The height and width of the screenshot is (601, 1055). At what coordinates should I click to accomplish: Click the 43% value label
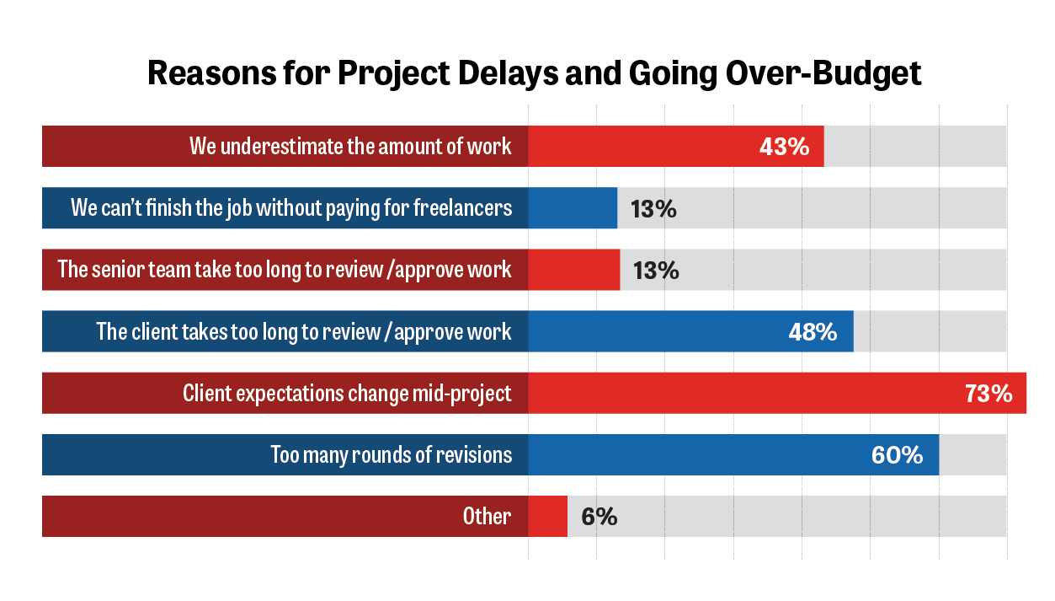784,147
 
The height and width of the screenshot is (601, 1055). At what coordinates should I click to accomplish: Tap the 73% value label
988,394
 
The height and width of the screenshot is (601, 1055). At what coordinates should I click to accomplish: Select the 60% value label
897,455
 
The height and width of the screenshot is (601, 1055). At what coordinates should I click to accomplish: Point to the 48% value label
813,332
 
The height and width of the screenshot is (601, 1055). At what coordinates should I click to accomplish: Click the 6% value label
599,517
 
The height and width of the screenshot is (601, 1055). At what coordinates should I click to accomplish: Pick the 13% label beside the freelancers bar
653,209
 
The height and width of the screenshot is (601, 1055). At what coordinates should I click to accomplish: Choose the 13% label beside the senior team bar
655,271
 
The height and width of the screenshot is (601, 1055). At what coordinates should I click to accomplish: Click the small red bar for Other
547,517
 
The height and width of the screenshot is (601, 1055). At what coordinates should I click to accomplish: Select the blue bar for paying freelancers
573,208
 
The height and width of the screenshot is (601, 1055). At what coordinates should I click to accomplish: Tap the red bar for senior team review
574,270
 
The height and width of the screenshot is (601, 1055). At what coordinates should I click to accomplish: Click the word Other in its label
487,516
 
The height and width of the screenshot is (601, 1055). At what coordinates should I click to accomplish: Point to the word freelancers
462,207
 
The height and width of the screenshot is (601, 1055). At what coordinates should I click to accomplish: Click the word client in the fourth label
156,331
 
